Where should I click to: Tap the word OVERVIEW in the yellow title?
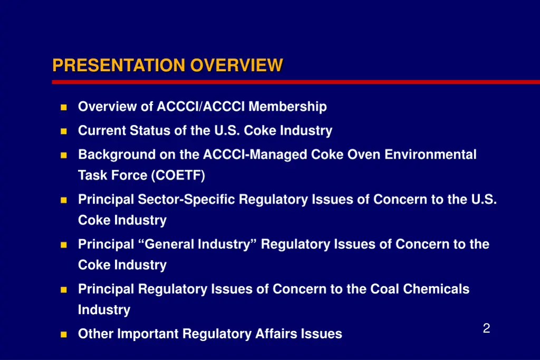pos(237,65)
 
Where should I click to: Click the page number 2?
pos(486,329)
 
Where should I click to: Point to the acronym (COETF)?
pos(178,176)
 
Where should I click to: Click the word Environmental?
pos(430,154)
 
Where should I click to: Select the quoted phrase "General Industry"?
pos(201,244)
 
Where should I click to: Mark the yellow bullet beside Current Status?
pos(63,131)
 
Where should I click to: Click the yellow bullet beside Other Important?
pos(63,334)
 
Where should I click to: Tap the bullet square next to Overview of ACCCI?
pos(63,107)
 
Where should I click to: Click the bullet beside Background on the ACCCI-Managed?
pos(63,155)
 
